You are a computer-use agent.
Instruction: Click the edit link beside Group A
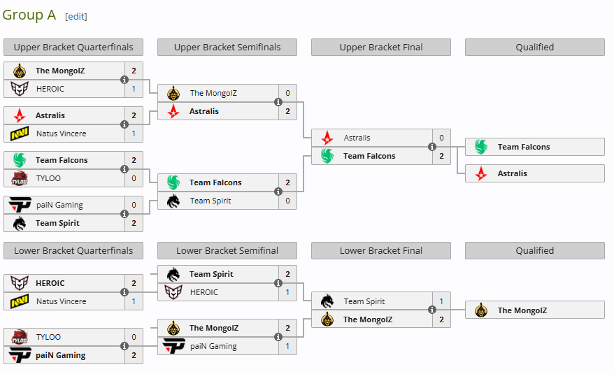click(76, 16)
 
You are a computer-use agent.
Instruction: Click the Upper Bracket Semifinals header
click(227, 48)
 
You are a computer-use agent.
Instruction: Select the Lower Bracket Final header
click(381, 251)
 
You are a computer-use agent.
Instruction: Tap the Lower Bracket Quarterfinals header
click(73, 251)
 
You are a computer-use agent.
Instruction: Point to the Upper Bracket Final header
click(381, 48)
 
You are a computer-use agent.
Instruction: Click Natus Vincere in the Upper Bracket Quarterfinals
click(62, 134)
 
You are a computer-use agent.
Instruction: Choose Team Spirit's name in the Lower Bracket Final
click(364, 301)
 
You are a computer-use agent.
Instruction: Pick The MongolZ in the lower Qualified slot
click(522, 310)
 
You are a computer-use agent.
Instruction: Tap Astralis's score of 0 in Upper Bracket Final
click(442, 138)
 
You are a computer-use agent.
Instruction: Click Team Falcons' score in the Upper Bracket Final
click(442, 156)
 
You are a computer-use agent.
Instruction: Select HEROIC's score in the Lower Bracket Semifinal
click(288, 292)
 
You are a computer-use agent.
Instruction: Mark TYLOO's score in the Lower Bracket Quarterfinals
click(134, 337)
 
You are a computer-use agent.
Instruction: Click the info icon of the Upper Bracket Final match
click(432, 147)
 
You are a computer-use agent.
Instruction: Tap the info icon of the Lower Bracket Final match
click(432, 310)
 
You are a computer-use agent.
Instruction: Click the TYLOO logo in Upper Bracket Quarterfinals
click(20, 178)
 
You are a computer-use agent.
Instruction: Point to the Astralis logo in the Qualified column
click(481, 173)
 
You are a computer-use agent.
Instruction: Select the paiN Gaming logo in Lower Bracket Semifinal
click(173, 346)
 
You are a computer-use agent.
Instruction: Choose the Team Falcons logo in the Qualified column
click(481, 147)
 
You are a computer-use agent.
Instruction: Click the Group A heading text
click(29, 15)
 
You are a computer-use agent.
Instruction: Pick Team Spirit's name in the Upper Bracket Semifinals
click(210, 201)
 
